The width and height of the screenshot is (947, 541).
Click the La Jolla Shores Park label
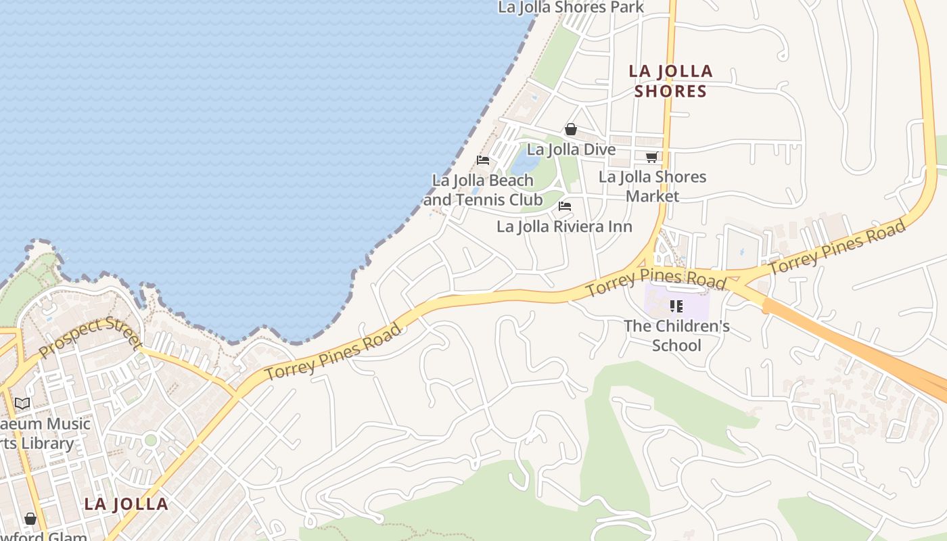tap(570, 7)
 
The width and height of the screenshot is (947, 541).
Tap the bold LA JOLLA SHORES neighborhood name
tap(670, 81)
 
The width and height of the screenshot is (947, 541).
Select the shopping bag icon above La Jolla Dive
tap(571, 129)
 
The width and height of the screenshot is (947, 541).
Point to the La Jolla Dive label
tap(571, 149)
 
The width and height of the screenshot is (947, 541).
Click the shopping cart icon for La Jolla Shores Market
tap(651, 157)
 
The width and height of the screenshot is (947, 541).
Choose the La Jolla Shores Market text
tap(652, 186)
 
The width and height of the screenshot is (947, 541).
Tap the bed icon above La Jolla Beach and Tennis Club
tap(483, 160)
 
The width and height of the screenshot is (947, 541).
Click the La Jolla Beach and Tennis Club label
tap(483, 190)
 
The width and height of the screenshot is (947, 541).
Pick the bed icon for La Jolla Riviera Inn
tap(565, 206)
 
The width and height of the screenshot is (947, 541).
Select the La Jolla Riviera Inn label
tap(564, 227)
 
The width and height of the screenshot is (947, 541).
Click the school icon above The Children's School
tap(676, 306)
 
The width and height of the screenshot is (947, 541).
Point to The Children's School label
tap(676, 335)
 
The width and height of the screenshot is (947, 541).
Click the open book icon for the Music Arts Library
tap(22, 404)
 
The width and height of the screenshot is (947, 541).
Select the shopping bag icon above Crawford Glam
tap(30, 519)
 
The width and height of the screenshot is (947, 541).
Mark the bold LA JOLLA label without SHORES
tap(126, 504)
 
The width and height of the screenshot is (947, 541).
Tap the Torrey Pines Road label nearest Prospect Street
tap(333, 352)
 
